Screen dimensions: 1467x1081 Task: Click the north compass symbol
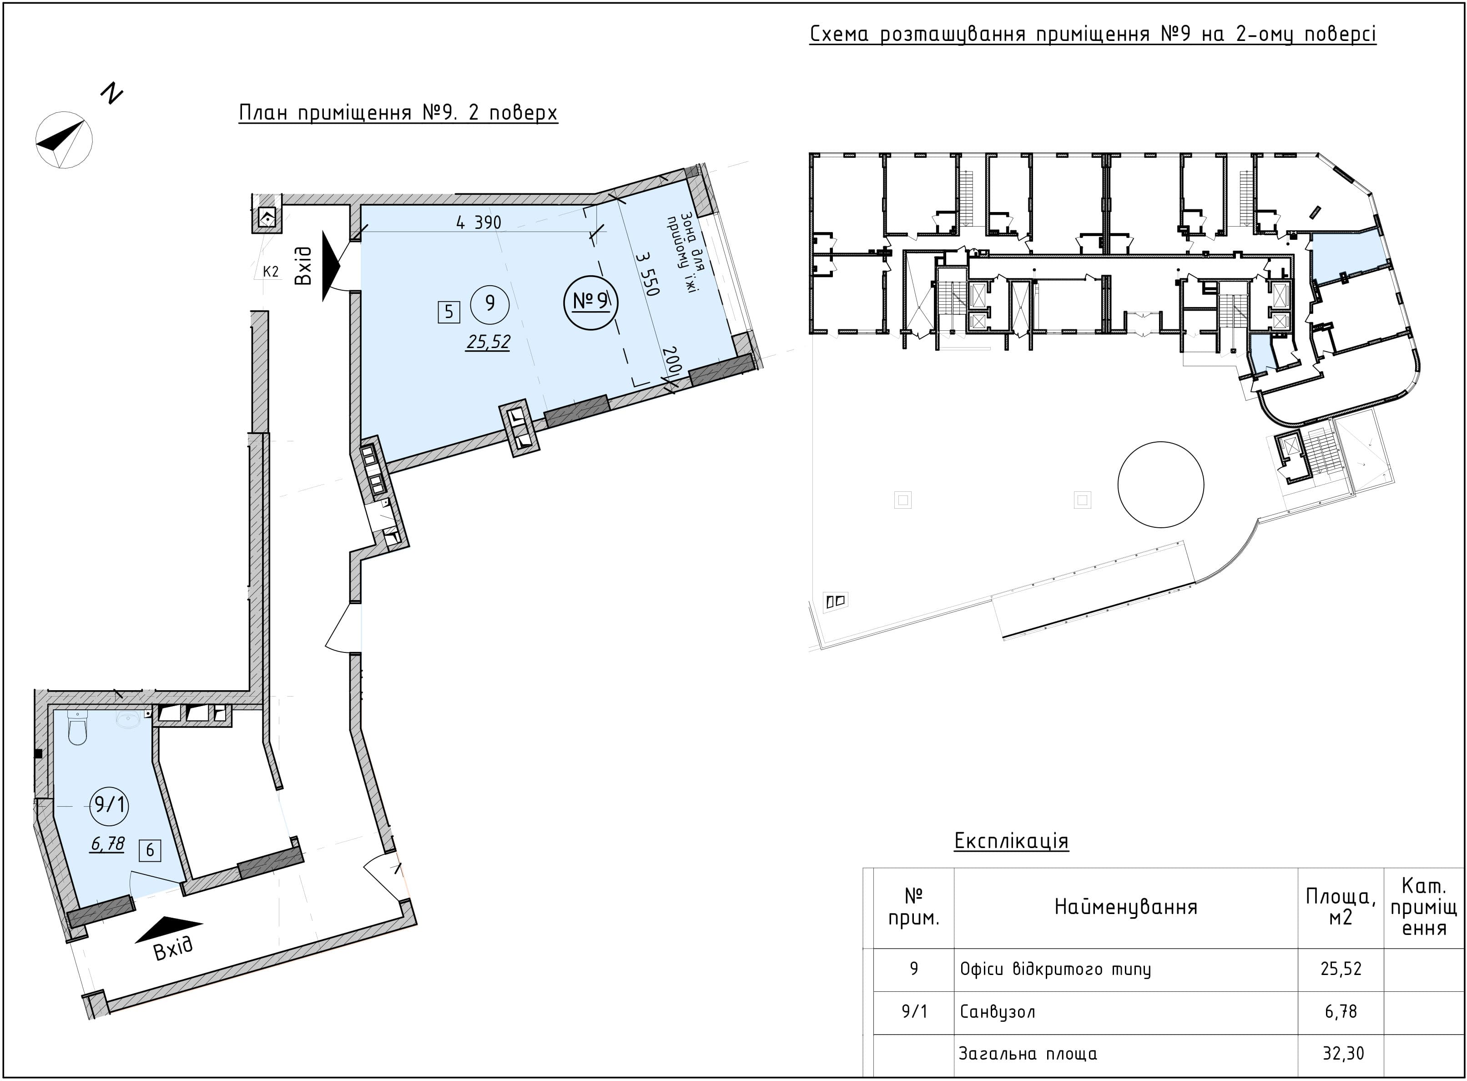(x=64, y=139)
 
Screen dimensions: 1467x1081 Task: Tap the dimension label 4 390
(x=479, y=222)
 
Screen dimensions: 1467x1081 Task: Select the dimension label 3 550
(x=646, y=273)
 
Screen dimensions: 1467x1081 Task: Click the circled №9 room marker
(x=591, y=302)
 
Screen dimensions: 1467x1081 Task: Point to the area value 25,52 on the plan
(x=488, y=342)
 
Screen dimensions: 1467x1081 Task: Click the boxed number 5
(x=449, y=312)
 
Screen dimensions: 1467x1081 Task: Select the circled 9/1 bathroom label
(x=109, y=804)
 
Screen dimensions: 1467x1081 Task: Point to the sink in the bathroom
(x=128, y=721)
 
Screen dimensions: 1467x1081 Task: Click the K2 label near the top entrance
(x=271, y=272)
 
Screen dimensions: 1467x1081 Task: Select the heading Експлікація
(x=1011, y=841)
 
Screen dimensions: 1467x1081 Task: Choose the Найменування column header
(x=1125, y=906)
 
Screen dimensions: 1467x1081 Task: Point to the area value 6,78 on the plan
(x=108, y=844)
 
